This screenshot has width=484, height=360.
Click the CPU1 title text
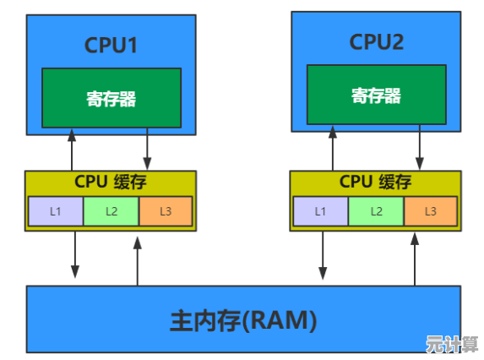click(111, 44)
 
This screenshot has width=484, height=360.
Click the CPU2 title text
click(375, 41)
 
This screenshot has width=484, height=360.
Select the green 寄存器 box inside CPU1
click(111, 98)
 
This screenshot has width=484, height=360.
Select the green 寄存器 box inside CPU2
click(375, 95)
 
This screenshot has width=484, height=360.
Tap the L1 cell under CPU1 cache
click(55, 211)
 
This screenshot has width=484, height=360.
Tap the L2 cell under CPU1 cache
click(111, 211)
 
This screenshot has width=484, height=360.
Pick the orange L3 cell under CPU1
click(166, 211)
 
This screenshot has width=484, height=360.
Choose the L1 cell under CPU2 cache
click(320, 211)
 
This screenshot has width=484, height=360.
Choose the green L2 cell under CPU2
click(376, 211)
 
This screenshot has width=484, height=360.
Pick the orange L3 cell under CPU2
click(431, 211)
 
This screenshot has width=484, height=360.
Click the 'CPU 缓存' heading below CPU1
click(111, 182)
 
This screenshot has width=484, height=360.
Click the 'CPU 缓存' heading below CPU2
click(375, 182)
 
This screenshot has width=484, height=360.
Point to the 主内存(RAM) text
click(243, 320)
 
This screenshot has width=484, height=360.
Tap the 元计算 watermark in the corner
click(452, 345)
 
